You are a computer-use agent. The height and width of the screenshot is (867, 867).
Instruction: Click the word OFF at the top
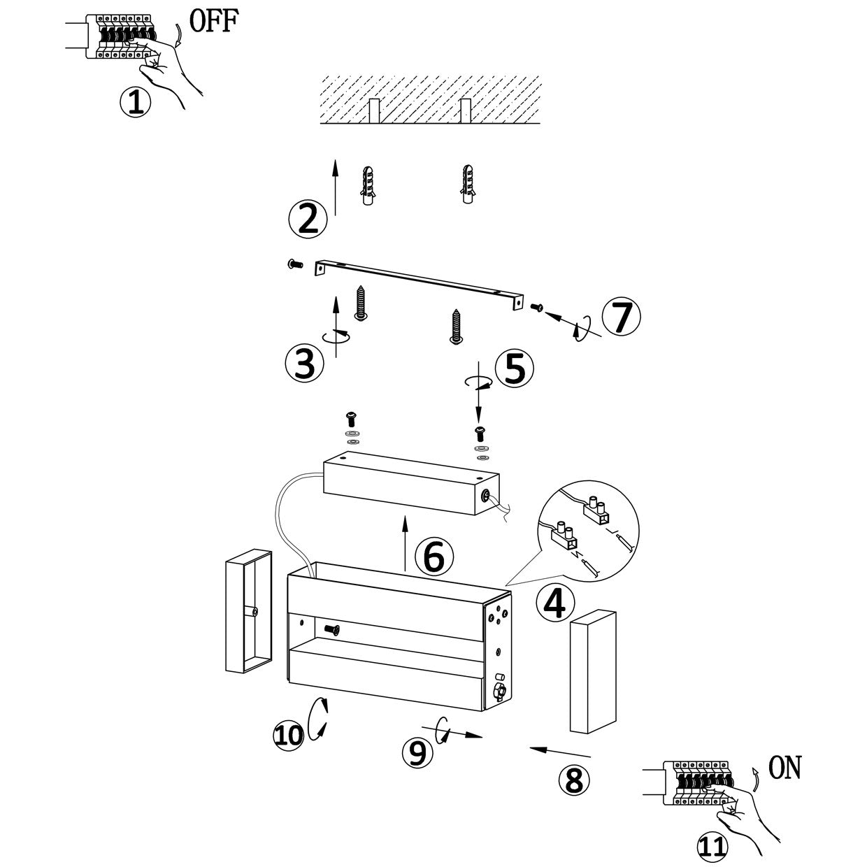214,21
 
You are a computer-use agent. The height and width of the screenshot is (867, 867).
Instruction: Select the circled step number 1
136,103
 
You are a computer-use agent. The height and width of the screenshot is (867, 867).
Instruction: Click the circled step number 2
308,218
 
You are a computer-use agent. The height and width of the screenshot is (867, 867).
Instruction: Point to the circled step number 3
305,364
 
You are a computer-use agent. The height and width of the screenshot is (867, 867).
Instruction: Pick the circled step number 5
515,368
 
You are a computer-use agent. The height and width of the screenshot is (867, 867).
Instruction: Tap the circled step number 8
573,779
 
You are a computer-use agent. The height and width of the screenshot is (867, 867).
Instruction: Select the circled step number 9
417,752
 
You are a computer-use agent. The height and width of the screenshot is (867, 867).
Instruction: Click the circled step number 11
712,847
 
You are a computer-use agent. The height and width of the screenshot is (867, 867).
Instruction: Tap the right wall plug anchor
468,185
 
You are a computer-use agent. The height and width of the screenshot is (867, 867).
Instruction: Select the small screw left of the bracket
294,264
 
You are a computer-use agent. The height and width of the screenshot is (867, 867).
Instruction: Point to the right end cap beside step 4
594,671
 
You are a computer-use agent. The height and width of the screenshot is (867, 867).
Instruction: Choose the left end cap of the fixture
248,610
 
